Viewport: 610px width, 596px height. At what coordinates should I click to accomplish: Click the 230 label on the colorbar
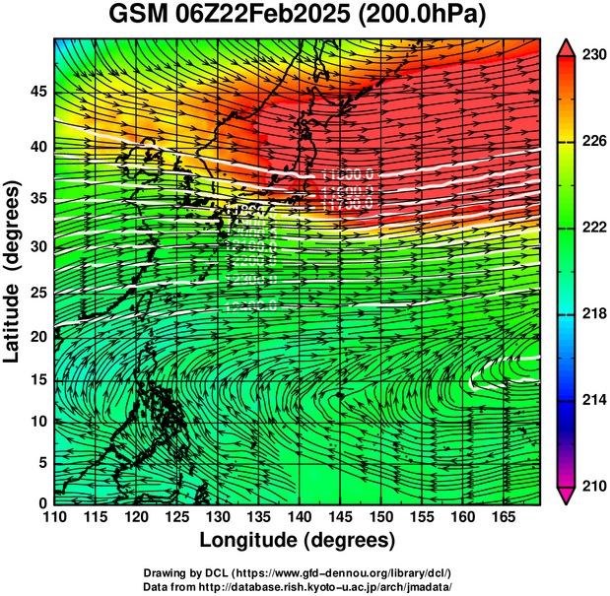pyautogui.click(x=592, y=55)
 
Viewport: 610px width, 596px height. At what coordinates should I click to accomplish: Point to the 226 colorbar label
pyautogui.click(x=592, y=142)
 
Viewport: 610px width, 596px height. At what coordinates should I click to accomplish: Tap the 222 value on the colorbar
pyautogui.click(x=592, y=228)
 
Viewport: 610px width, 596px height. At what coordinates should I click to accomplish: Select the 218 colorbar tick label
pyautogui.click(x=592, y=313)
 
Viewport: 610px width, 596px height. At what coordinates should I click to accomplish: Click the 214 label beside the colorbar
pyautogui.click(x=592, y=400)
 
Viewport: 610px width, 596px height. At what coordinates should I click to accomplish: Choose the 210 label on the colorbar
pyautogui.click(x=592, y=486)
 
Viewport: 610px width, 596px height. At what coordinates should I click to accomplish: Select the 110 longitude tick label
pyautogui.click(x=54, y=517)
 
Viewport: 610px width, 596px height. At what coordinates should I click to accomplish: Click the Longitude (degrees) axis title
pyautogui.click(x=298, y=540)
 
